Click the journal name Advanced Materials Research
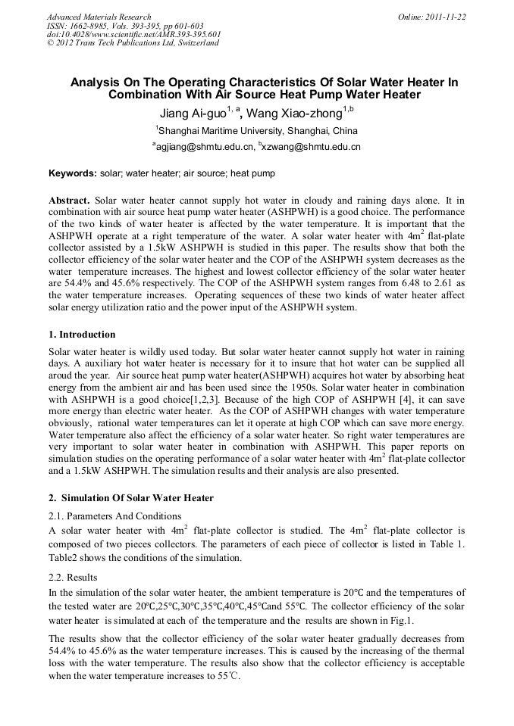tap(99, 17)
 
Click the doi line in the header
tap(133, 34)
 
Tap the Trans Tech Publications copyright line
tap(133, 42)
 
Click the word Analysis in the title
tap(96, 82)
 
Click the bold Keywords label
tap(73, 173)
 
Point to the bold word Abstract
tap(70, 200)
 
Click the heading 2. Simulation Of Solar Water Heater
tap(131, 497)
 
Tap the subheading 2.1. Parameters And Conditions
tap(114, 516)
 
